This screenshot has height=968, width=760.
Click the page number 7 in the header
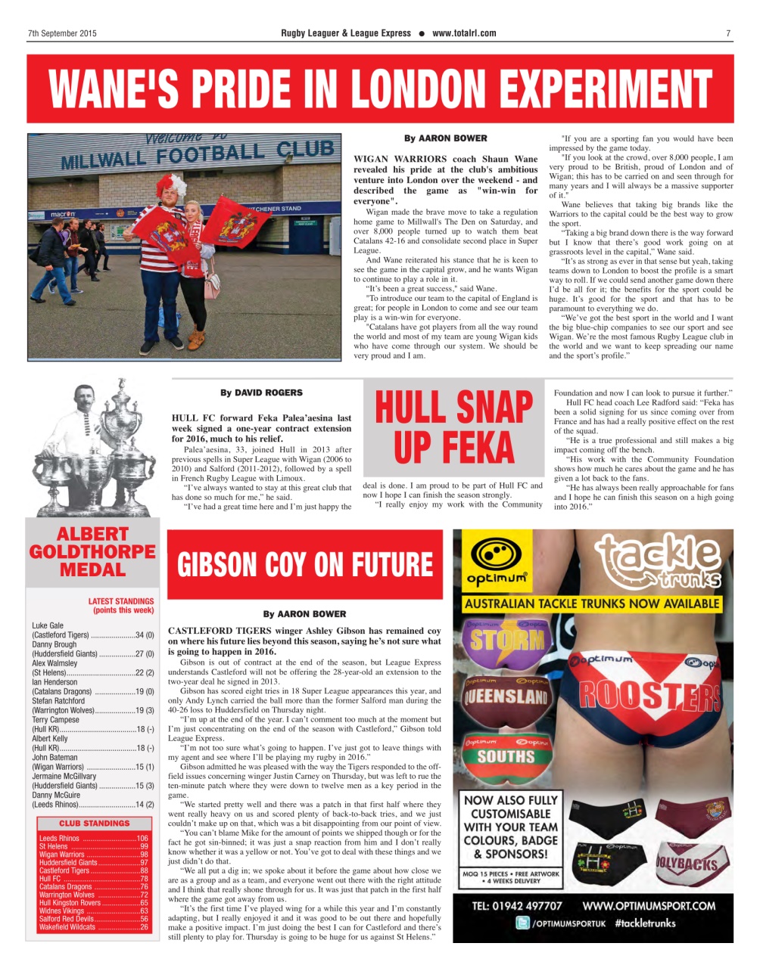[727, 33]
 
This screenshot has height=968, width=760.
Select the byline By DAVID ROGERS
[261, 392]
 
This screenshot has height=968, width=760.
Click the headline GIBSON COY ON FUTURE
[304, 565]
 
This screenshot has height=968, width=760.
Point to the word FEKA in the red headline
[453, 447]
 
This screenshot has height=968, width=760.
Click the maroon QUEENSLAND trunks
[506, 696]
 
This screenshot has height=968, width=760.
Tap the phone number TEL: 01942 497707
[516, 905]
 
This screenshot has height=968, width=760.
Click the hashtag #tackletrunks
[646, 923]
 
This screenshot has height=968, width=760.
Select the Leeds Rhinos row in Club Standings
[93, 839]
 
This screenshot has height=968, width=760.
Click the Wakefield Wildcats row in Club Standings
[93, 927]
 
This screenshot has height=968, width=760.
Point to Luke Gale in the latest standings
[48, 625]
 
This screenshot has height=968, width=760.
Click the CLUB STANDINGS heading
[94, 823]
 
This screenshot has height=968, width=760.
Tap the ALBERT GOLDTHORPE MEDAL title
[92, 552]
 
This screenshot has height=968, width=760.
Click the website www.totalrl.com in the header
[464, 33]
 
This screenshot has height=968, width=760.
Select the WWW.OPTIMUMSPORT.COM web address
[648, 905]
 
